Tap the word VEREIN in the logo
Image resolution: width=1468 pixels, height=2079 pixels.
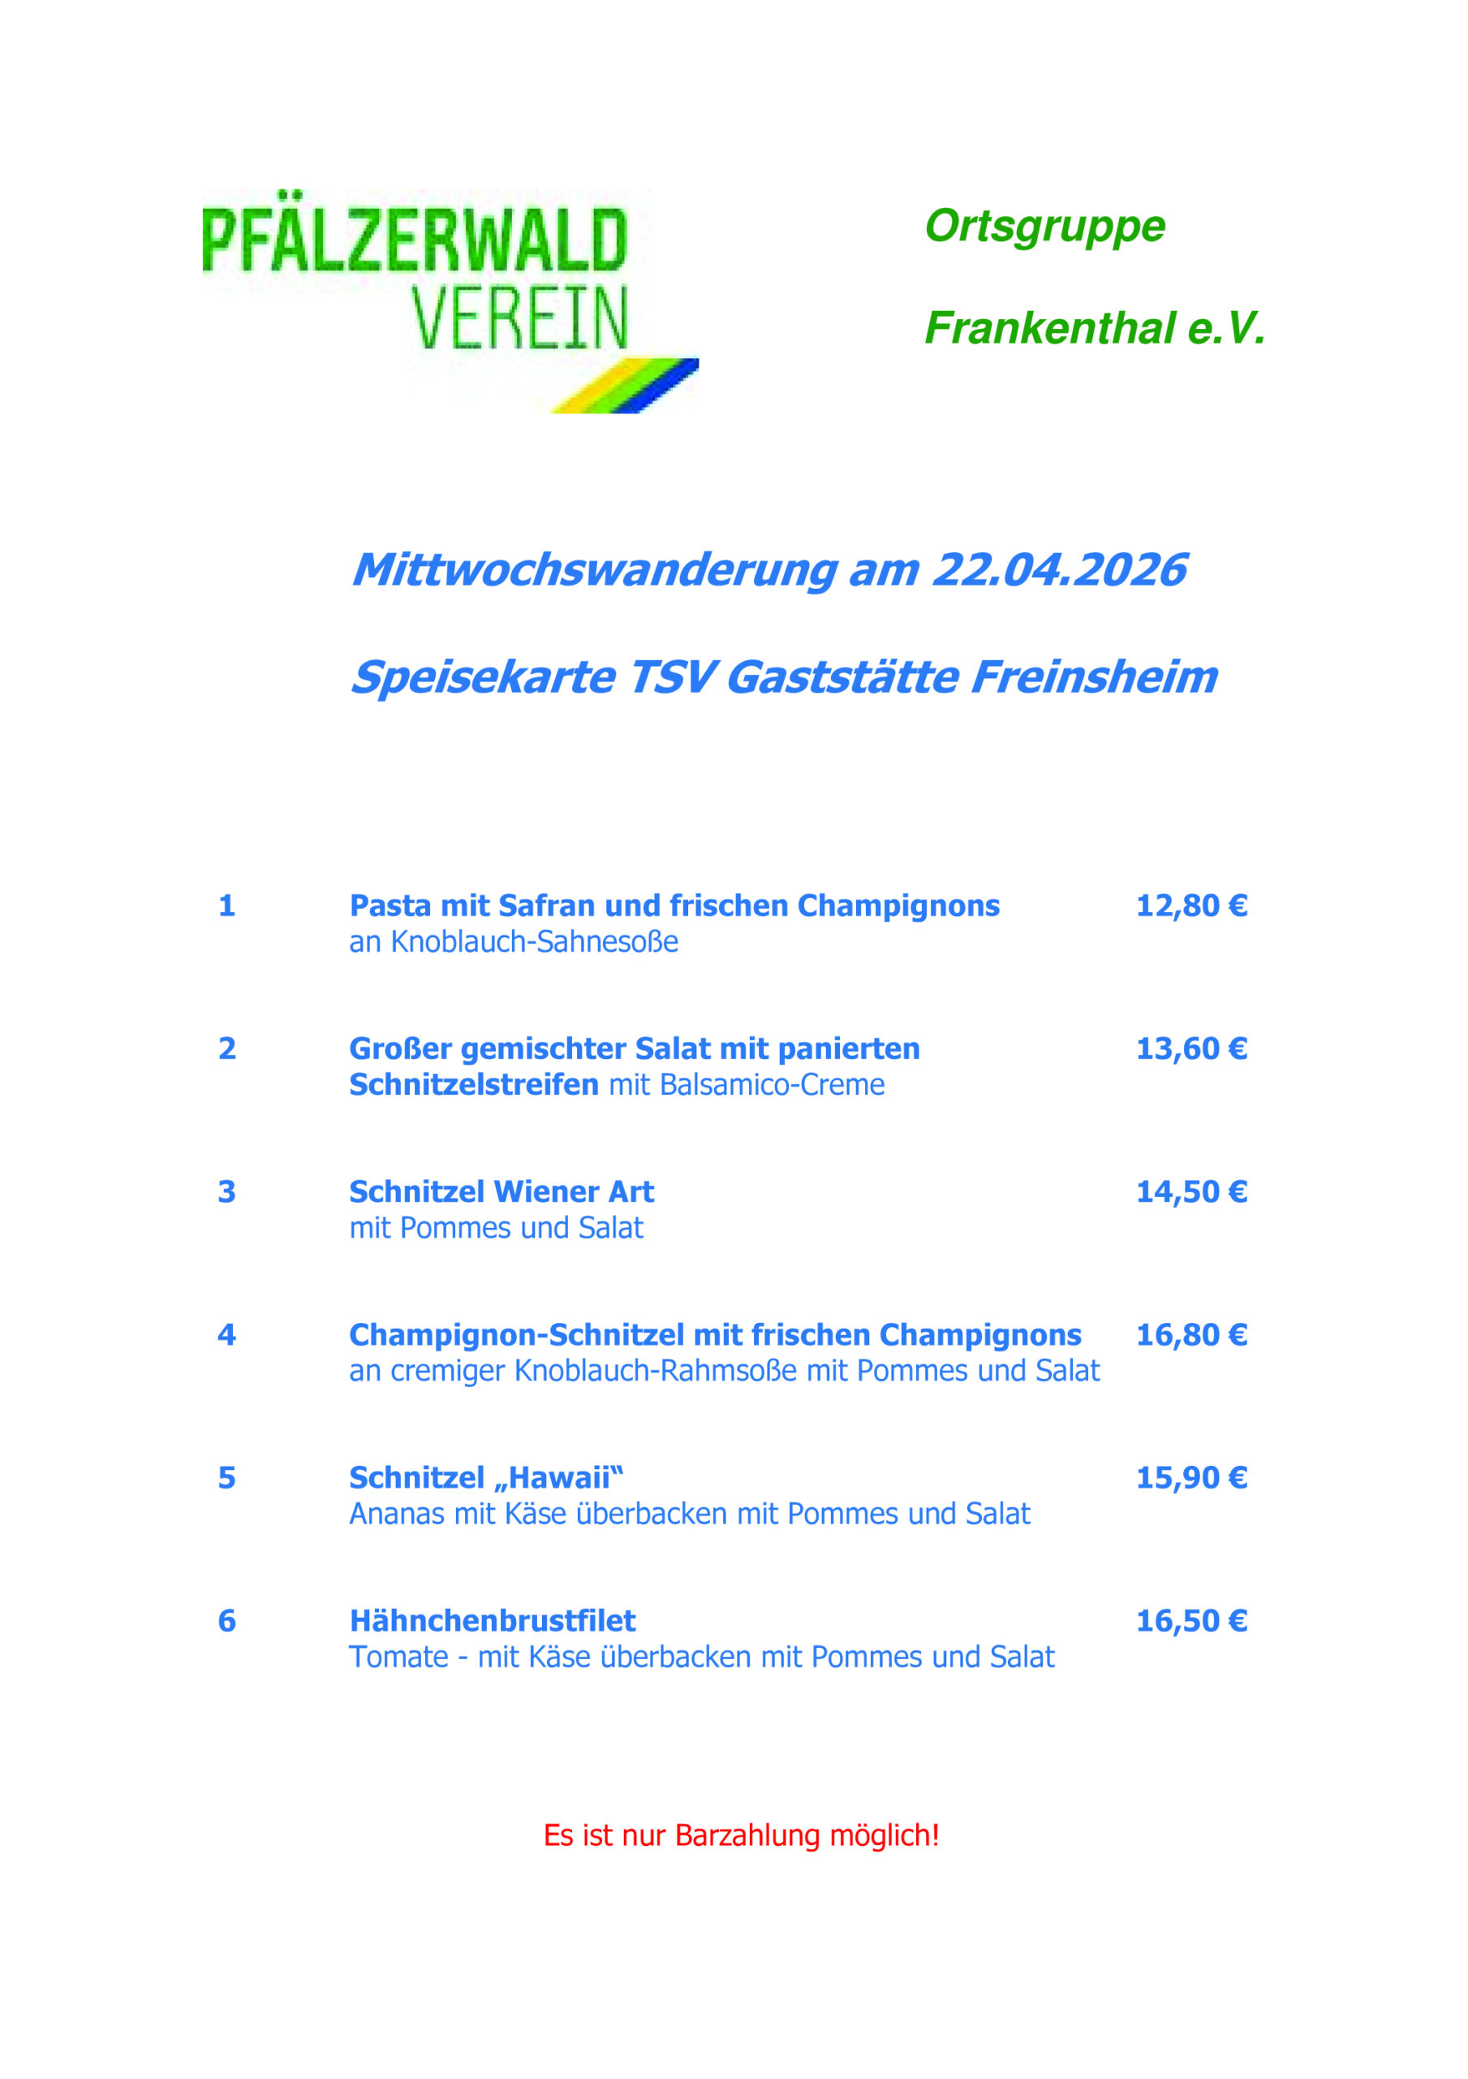pos(519,318)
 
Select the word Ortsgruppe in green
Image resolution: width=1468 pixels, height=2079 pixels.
pos(1044,227)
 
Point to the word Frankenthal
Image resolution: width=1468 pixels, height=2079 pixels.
pos(1049,329)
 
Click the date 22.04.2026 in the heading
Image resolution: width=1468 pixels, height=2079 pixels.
pos(1058,570)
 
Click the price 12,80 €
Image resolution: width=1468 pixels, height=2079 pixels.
pos(1191,906)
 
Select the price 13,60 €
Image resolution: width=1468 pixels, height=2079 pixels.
pos(1191,1048)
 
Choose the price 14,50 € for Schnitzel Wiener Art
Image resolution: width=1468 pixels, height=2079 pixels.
pos(1191,1191)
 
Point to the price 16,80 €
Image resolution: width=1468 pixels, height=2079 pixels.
pos(1191,1334)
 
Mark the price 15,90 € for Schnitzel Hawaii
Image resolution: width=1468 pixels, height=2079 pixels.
pos(1191,1478)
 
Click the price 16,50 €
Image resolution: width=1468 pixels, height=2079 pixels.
pos(1191,1621)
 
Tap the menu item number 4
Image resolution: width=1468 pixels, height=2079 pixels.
pos(226,1334)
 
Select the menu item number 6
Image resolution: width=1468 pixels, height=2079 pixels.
pos(226,1621)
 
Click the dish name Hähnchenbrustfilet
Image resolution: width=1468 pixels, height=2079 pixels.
pos(493,1621)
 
